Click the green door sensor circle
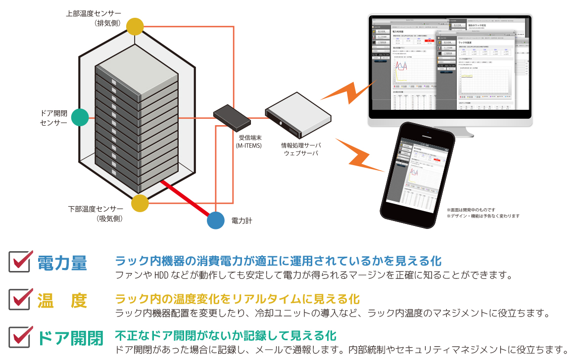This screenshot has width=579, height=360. tap(80, 117)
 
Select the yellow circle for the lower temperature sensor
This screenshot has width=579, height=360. tap(140, 203)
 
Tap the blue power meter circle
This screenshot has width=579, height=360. tap(216, 220)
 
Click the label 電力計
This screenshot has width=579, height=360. tap(241, 221)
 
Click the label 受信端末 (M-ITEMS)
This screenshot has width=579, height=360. tap(250, 141)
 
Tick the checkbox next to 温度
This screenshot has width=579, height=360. tap(20, 298)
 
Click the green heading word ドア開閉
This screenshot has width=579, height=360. tap(70, 339)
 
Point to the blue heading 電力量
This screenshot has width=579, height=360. tap(62, 263)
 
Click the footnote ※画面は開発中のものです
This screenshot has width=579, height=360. tap(471, 210)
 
